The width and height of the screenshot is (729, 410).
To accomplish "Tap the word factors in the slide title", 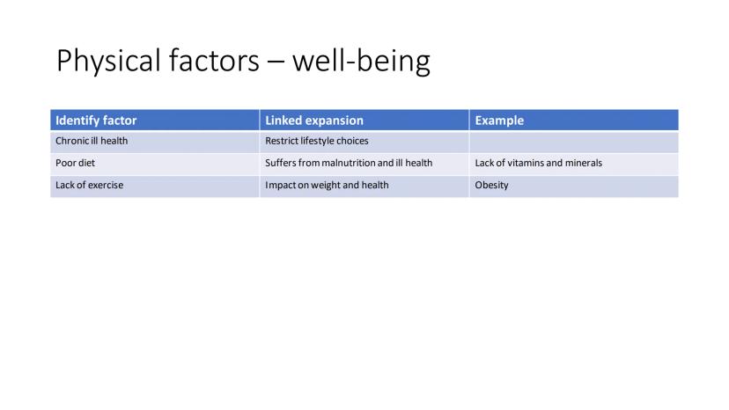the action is pos(214,61).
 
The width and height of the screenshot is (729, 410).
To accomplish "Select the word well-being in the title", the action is pos(361,61).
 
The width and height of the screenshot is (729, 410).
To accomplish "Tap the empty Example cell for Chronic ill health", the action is pos(574,142).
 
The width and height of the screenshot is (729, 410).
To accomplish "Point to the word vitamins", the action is pos(526,163).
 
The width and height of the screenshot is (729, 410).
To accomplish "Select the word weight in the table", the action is pos(326,185).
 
